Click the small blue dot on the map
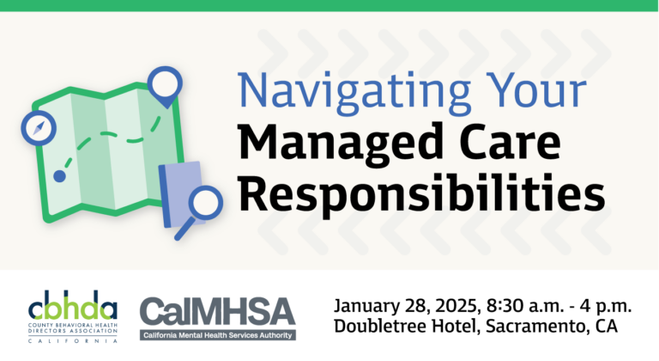pyautogui.click(x=59, y=176)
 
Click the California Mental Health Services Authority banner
pyautogui.click(x=218, y=333)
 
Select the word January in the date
pyautogui.click(x=366, y=308)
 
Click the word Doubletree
pyautogui.click(x=378, y=328)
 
